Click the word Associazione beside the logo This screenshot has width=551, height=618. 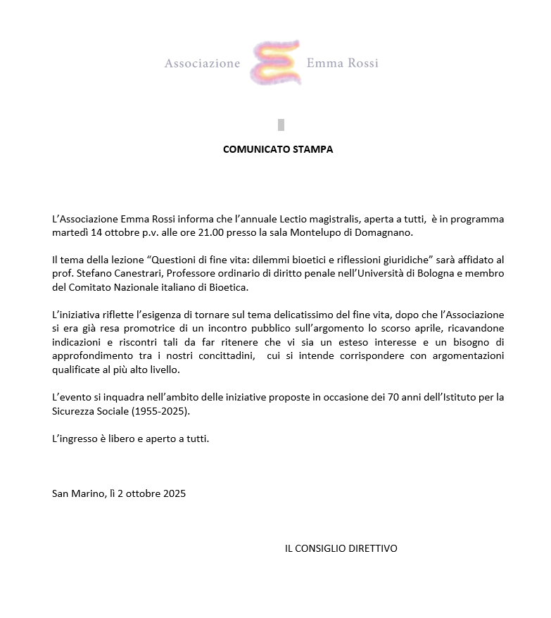tap(202, 64)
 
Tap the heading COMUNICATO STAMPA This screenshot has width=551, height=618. tap(278, 149)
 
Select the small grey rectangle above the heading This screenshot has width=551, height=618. tap(281, 125)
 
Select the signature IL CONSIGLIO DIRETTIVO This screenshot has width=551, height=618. tap(341, 548)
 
